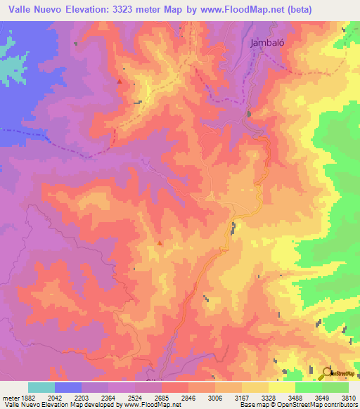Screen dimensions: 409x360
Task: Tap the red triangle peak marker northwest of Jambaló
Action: (x=120, y=82)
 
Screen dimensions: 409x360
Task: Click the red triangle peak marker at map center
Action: (x=160, y=244)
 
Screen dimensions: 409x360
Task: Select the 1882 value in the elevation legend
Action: (x=26, y=398)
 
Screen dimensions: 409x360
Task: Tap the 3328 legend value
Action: (x=268, y=398)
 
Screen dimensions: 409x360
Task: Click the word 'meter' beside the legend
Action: (x=9, y=398)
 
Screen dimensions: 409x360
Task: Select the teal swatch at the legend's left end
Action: (x=41, y=387)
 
